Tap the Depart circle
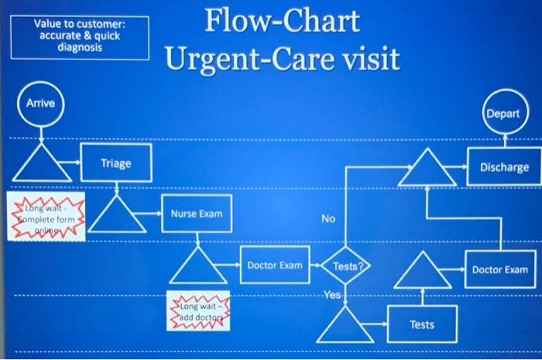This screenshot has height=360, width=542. point(503,113)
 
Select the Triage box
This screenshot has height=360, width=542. point(116,163)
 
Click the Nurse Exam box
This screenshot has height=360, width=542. point(197,214)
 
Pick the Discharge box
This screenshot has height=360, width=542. point(503,167)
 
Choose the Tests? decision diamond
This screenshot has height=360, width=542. point(346,266)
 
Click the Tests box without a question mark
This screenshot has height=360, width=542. point(422,324)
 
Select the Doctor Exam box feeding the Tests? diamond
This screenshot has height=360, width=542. point(274,266)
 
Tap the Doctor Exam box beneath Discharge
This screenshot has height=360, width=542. point(499,269)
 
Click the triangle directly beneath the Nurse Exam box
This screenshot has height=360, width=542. point(198,266)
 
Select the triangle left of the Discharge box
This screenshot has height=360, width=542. point(427,169)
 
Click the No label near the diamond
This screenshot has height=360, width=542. point(328,219)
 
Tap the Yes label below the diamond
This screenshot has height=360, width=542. point(332,295)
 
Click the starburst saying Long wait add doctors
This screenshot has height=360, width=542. point(197,312)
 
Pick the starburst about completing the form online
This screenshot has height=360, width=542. point(46,217)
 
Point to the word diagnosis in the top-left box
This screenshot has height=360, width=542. point(79,46)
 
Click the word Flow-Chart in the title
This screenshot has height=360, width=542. point(283,21)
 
